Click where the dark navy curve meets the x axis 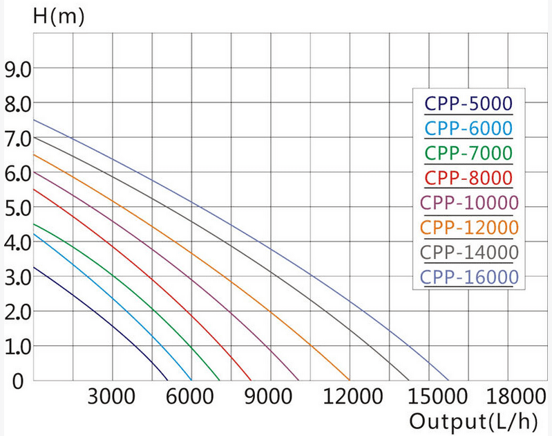click(168, 380)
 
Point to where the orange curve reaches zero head click(350, 380)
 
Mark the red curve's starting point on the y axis click(34, 189)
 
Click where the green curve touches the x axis click(220, 380)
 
